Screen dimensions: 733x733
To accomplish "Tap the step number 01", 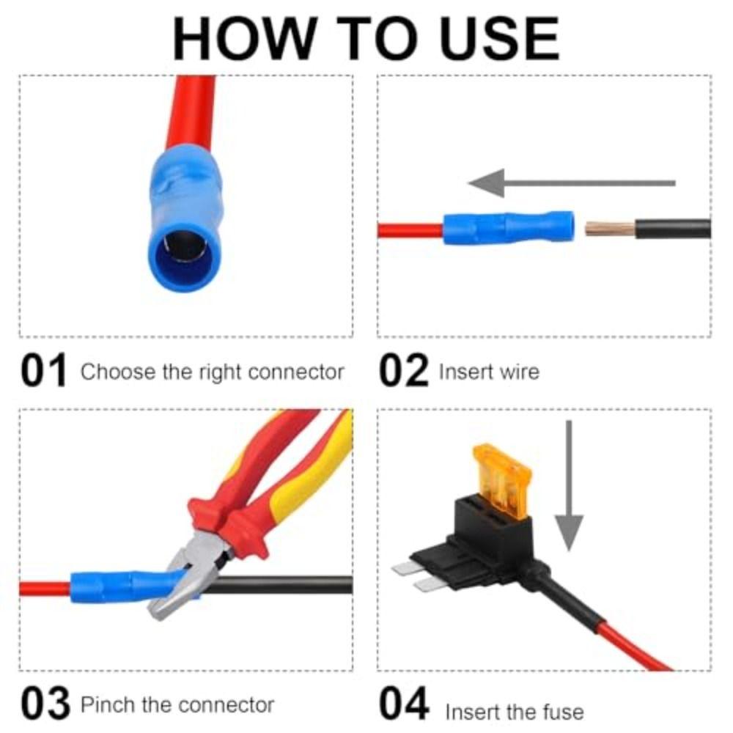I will pyautogui.click(x=43, y=371).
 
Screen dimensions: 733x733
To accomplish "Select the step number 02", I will pyautogui.click(x=403, y=371).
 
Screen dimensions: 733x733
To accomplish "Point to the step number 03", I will pyautogui.click(x=45, y=704).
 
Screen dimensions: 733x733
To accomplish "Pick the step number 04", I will pyautogui.click(x=404, y=704).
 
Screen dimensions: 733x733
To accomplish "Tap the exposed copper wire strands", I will pyautogui.click(x=608, y=229).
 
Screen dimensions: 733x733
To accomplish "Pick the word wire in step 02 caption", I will pyautogui.click(x=518, y=372).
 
